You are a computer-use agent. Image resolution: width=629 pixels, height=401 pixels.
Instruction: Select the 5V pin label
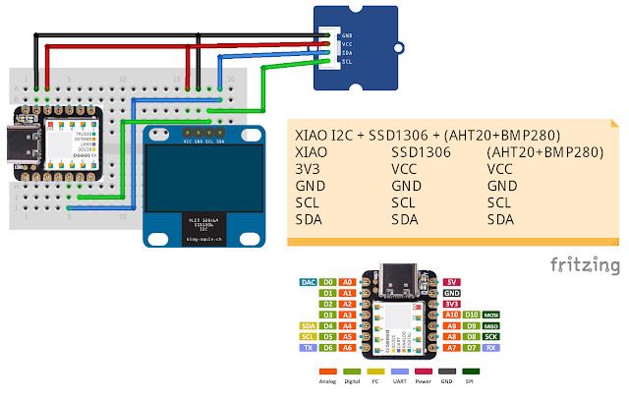pyautogui.click(x=451, y=281)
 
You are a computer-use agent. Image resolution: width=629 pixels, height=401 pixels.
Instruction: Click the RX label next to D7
pyautogui.click(x=490, y=347)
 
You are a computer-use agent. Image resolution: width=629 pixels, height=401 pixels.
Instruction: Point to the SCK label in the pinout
pyautogui.click(x=490, y=336)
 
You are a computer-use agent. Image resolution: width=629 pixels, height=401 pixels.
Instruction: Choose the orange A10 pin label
pyautogui.click(x=451, y=314)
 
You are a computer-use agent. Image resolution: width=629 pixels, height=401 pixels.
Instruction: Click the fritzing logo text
pyautogui.click(x=584, y=265)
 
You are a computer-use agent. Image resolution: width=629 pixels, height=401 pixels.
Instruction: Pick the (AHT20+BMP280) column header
pyautogui.click(x=543, y=152)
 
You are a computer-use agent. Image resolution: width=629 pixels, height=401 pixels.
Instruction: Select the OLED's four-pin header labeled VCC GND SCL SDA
pyautogui.click(x=204, y=130)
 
